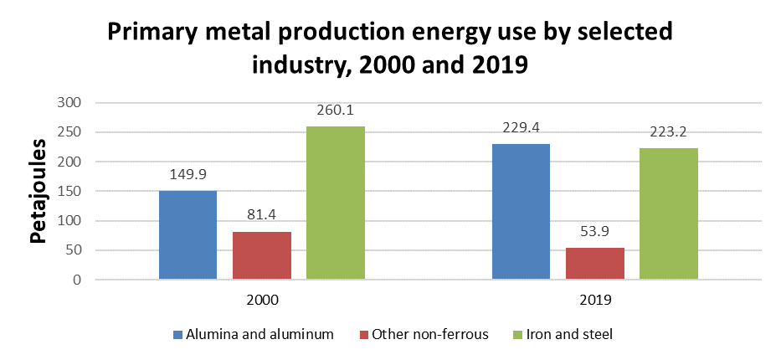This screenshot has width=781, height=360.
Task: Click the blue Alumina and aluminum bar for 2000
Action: (188, 235)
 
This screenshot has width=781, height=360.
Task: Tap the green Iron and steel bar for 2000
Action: (335, 203)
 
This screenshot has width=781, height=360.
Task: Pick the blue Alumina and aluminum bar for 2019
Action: (521, 212)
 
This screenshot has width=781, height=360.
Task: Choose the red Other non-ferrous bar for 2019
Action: (594, 264)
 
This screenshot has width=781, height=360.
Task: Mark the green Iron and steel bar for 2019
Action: (668, 213)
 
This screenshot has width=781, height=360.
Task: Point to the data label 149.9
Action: (188, 176)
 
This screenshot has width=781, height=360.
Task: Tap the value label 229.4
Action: (521, 129)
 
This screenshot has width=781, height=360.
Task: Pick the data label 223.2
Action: (668, 133)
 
